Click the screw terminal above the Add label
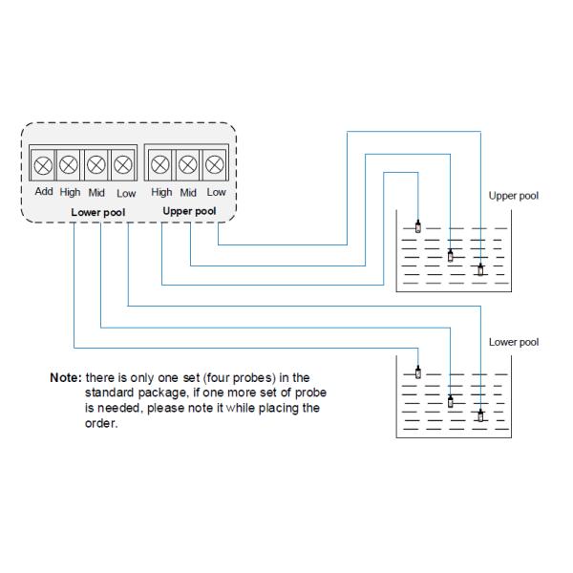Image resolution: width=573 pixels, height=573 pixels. [x=43, y=164]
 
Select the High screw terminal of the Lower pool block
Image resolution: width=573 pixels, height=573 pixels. [x=70, y=164]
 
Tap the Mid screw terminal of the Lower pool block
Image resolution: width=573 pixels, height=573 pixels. [x=96, y=164]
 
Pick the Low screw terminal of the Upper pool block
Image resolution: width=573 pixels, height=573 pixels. [x=215, y=164]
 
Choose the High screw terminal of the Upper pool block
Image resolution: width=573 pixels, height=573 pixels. [x=161, y=164]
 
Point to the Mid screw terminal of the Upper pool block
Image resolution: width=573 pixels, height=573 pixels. [x=188, y=164]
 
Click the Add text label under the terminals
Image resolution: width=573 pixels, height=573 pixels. [x=44, y=192]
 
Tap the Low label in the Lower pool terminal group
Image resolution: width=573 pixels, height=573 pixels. [x=126, y=192]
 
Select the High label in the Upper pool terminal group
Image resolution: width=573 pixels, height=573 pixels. [x=161, y=192]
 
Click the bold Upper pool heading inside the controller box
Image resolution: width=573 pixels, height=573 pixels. [x=189, y=210]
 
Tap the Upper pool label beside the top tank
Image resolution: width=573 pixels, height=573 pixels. [x=513, y=196]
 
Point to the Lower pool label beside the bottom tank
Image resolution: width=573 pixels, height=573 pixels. [x=513, y=342]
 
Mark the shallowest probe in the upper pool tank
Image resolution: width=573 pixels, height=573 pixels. [x=418, y=226]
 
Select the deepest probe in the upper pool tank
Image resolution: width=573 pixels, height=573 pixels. [x=480, y=269]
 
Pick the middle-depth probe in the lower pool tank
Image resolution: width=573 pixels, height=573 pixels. [x=450, y=401]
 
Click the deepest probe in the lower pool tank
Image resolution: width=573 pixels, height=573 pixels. [x=480, y=415]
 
